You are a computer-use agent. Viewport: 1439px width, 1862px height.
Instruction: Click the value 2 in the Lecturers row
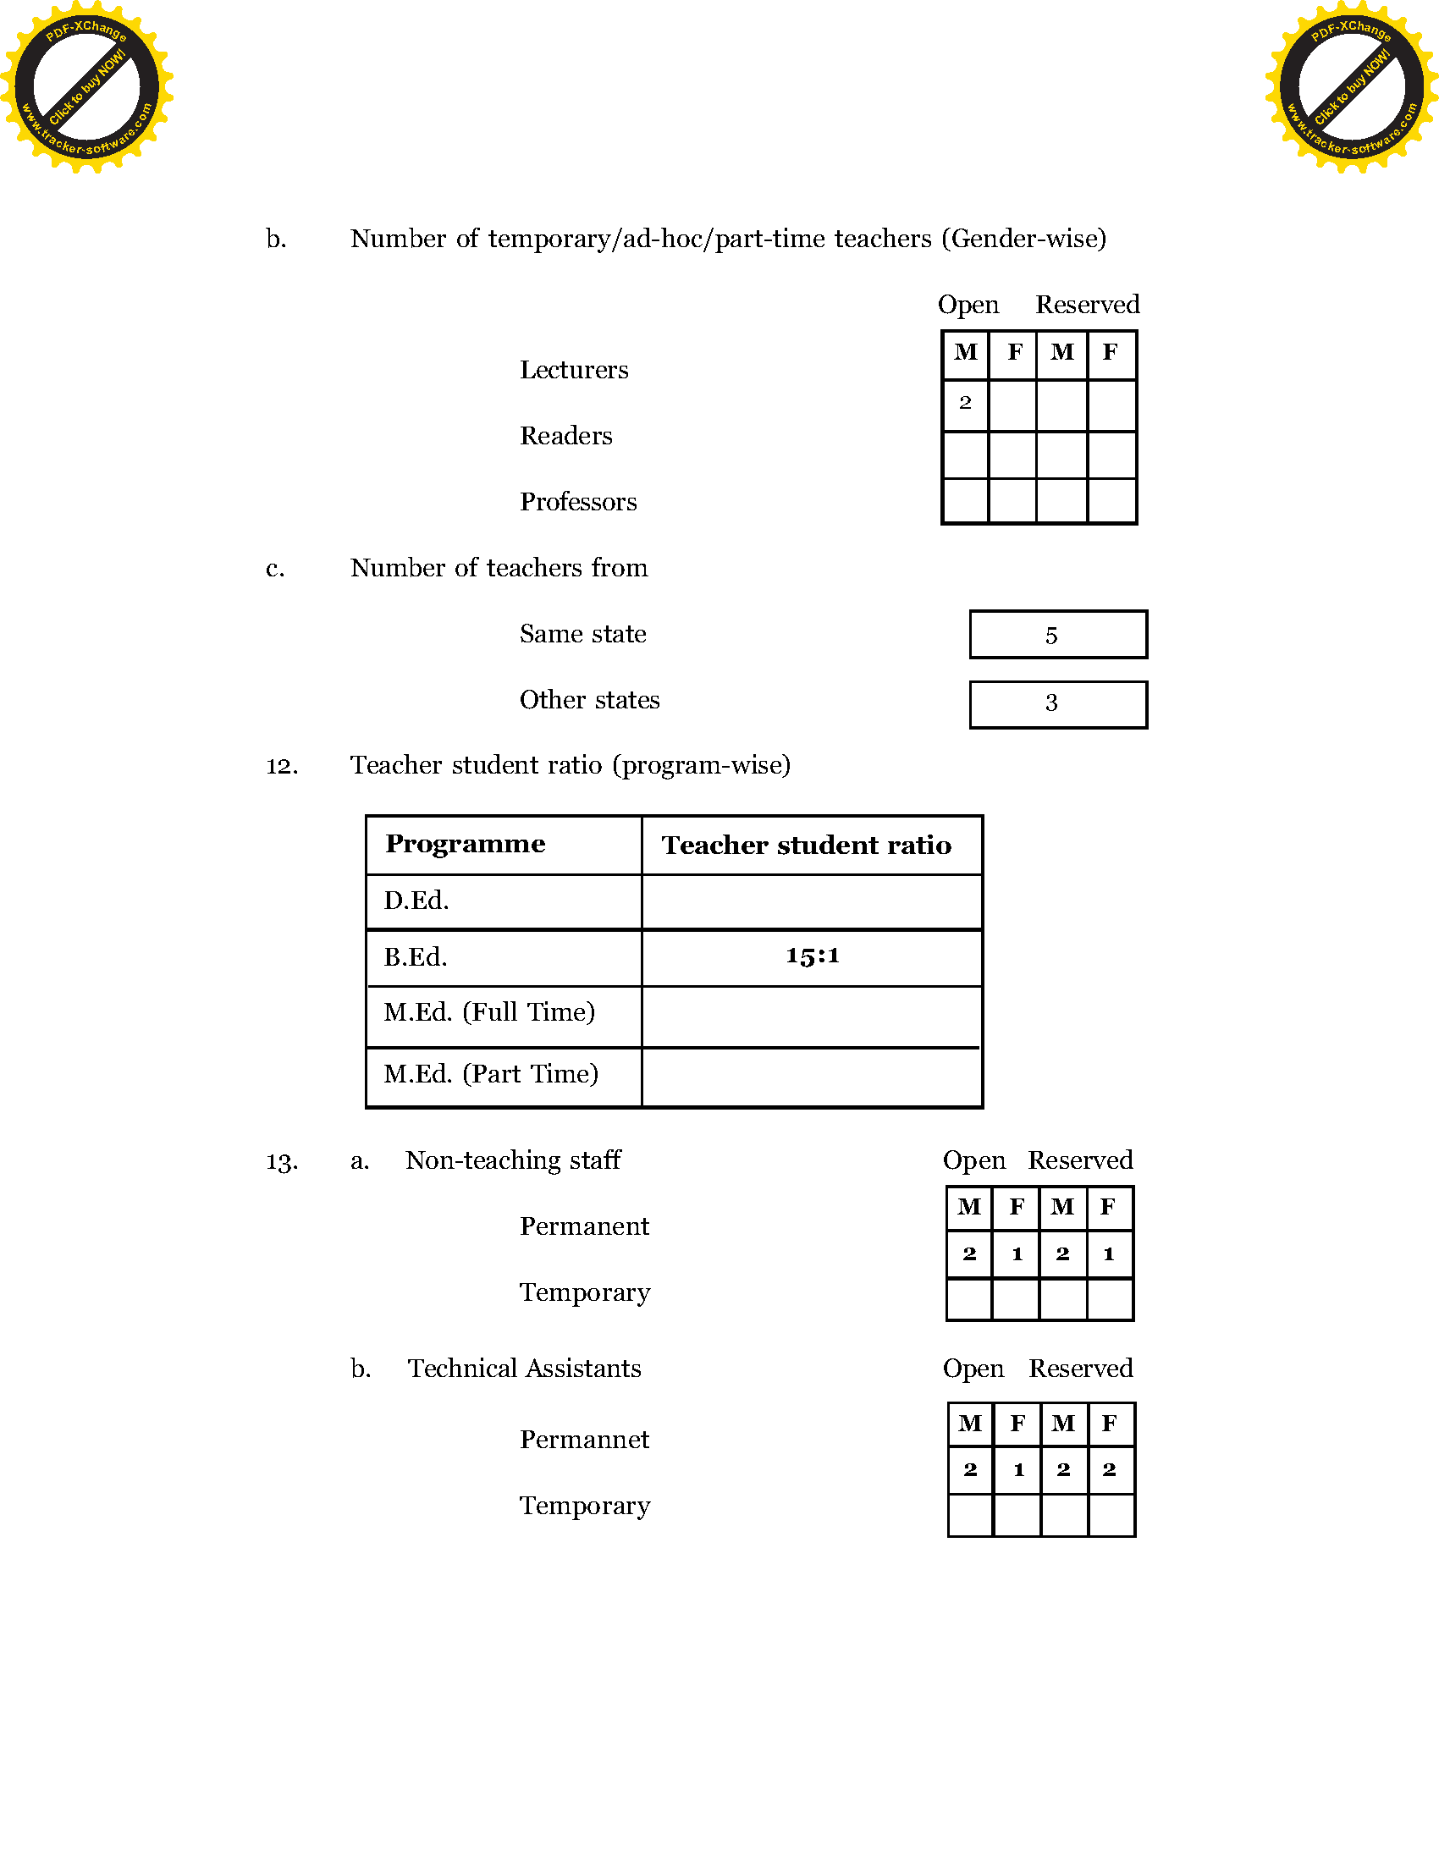pos(965,402)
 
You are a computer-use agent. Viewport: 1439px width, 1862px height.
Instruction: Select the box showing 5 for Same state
pos(1058,634)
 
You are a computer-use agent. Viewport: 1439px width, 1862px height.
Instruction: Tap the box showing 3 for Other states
pos(1058,703)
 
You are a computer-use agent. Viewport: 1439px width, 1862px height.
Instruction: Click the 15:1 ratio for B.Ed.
pos(812,956)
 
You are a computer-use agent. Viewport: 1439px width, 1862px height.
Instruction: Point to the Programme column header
pos(466,844)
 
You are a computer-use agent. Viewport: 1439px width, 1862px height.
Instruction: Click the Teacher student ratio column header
pos(807,845)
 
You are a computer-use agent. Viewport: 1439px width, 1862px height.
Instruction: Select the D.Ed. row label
pos(416,901)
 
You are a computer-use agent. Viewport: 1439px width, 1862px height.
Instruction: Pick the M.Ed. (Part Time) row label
pos(491,1073)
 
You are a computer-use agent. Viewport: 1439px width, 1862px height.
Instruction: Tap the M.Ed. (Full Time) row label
pos(489,1012)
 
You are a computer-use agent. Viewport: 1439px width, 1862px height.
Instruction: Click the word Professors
pos(578,502)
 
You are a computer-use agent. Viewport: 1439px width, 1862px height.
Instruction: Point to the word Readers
pos(566,436)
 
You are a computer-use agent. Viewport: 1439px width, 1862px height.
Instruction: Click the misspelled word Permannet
pos(584,1439)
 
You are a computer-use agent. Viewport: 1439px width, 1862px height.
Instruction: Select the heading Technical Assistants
pos(524,1369)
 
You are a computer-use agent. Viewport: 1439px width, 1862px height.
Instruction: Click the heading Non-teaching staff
pos(513,1160)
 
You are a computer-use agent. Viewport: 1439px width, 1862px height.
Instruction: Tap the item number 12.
pos(282,766)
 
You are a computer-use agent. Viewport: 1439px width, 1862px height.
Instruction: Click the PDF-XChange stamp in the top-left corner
pos(86,87)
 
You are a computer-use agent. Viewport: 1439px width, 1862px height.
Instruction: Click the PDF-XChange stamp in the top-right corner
pos(1351,87)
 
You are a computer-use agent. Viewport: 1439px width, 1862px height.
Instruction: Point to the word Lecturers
pos(574,370)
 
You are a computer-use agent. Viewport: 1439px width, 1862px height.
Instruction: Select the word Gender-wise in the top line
pos(1024,239)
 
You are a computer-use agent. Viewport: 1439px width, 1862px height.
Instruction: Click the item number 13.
pos(282,1162)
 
